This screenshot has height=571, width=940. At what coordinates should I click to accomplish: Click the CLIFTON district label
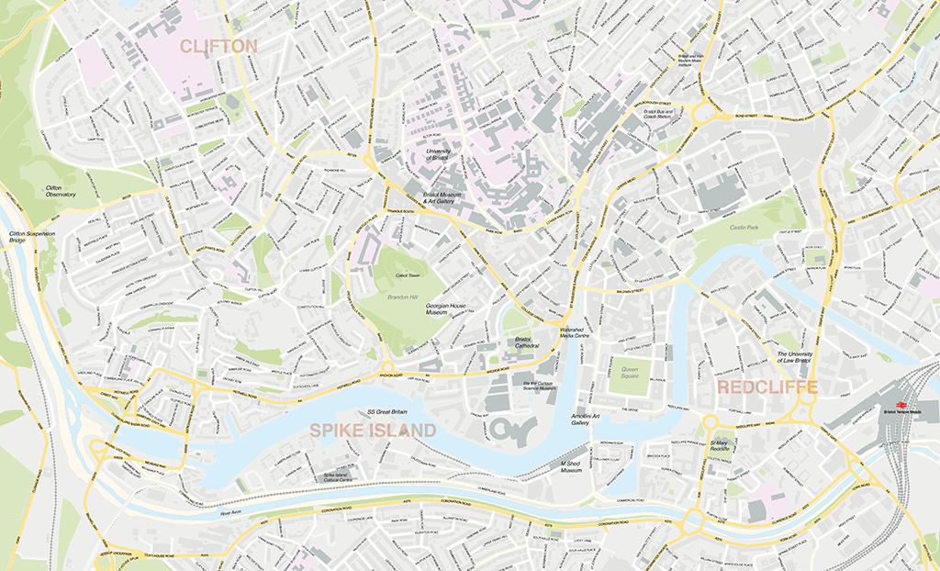tap(218, 46)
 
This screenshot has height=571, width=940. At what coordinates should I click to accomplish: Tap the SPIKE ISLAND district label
tap(372, 430)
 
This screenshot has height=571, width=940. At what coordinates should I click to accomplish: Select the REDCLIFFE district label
tap(767, 387)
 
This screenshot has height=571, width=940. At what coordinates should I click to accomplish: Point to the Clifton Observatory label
tap(61, 191)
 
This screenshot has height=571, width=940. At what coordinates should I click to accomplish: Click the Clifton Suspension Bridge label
tap(32, 238)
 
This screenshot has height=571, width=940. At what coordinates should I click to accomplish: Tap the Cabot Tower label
tap(407, 275)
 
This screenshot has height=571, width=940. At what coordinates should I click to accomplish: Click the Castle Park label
tap(744, 227)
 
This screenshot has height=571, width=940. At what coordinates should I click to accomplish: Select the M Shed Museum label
tap(571, 468)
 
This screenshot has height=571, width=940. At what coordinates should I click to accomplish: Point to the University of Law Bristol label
tap(794, 358)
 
